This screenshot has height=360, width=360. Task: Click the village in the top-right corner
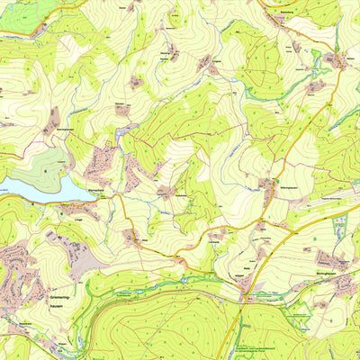tap(337, 61)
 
